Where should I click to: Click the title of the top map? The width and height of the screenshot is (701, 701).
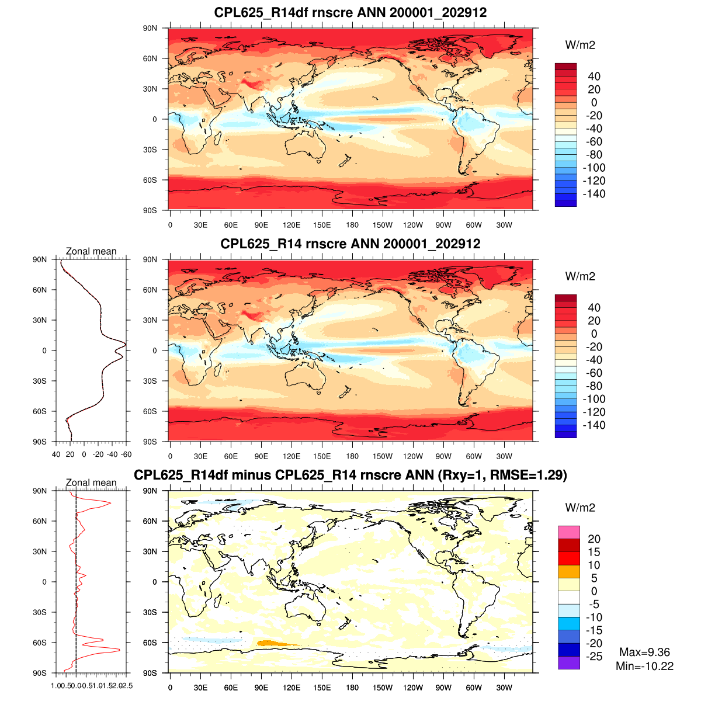[x=350, y=13]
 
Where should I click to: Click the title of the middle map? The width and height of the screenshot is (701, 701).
[x=350, y=244]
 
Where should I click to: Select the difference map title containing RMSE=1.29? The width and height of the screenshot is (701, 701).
[x=350, y=475]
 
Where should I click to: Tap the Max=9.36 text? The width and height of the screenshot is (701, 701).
[x=644, y=653]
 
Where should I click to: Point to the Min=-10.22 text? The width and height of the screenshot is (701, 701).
[x=644, y=666]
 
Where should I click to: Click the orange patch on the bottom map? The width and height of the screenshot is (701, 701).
[x=277, y=643]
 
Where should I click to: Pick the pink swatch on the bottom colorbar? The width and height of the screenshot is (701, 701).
[x=568, y=532]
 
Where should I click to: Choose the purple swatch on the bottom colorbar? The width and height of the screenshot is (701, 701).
[x=568, y=663]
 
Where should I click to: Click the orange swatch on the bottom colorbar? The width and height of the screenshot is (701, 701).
[x=568, y=571]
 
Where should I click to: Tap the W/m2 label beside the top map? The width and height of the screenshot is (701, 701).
[x=580, y=45]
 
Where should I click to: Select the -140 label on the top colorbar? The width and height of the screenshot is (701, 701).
[x=594, y=194]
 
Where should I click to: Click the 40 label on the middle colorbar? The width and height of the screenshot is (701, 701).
[x=594, y=307]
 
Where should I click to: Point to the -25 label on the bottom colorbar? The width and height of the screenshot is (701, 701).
[x=594, y=657]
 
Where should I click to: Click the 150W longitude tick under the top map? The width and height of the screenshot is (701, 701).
[x=383, y=225]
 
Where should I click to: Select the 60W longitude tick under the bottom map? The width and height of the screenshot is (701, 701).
[x=474, y=688]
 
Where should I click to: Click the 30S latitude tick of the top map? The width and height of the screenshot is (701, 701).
[x=150, y=150]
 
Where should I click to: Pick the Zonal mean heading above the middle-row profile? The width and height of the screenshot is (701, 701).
[x=91, y=251]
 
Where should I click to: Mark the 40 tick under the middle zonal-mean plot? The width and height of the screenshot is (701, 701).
[x=56, y=454]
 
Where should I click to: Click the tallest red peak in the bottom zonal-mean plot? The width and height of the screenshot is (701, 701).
[x=119, y=650]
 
